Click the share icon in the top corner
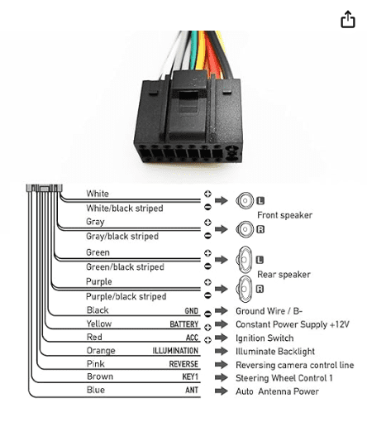348,19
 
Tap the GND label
192,311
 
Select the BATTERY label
184,324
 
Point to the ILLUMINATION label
175,351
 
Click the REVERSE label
183,364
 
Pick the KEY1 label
190,376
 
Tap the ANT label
192,390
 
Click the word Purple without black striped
99,282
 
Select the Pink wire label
96,364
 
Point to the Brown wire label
100,376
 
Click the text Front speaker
285,215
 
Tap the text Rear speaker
284,275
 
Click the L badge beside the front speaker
260,200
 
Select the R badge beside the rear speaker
260,289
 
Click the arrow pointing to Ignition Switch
222,338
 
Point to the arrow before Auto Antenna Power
222,391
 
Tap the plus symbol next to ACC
208,340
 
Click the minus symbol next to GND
208,314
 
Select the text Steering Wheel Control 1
284,378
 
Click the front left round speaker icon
245,200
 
